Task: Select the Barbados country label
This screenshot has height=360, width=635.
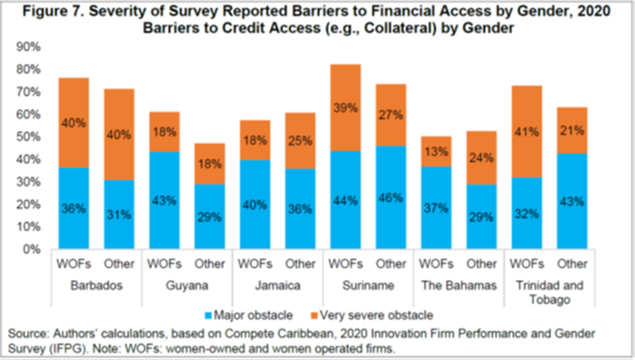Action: pyautogui.click(x=95, y=285)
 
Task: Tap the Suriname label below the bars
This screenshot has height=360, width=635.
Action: pyautogui.click(x=367, y=285)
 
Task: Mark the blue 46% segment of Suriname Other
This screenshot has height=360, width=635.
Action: pyautogui.click(x=390, y=197)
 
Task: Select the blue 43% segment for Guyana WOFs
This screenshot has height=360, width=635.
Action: pyautogui.click(x=165, y=200)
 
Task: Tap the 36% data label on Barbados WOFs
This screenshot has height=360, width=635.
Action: pyautogui.click(x=74, y=208)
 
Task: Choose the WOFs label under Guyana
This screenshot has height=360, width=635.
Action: pyautogui.click(x=165, y=263)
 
